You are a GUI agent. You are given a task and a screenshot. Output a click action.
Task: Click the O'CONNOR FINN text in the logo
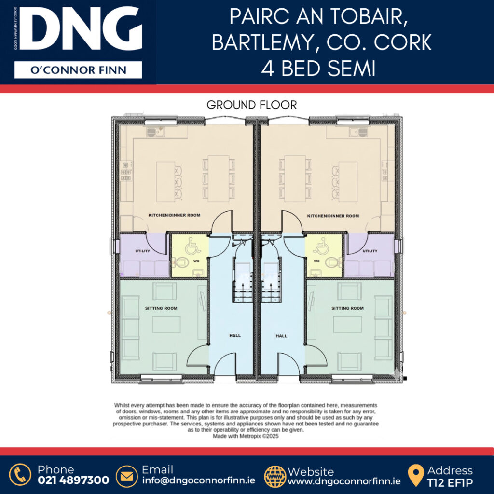pyautogui.click(x=78, y=70)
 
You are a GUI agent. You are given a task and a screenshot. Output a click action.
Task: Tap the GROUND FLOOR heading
pyautogui.click(x=252, y=105)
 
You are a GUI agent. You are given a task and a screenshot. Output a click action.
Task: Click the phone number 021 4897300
pyautogui.click(x=73, y=480)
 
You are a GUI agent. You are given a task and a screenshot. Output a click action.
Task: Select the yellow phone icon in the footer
pyautogui.click(x=20, y=475)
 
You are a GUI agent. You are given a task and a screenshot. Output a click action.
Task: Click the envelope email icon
pyautogui.click(x=127, y=476)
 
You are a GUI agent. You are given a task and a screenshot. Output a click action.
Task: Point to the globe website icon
pyautogui.click(x=275, y=476)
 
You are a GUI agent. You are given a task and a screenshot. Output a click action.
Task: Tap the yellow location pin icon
pyautogui.click(x=416, y=475)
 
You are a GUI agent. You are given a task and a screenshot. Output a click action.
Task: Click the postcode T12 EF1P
pyautogui.click(x=450, y=482)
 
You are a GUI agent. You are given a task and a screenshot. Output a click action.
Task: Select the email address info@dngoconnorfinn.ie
pyautogui.click(x=198, y=481)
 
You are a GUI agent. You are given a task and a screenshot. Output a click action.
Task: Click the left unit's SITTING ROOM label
pyautogui.click(x=161, y=308)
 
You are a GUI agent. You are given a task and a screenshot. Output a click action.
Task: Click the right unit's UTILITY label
pyautogui.click(x=370, y=251)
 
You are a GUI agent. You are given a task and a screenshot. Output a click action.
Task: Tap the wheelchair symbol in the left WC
pyautogui.click(x=193, y=246)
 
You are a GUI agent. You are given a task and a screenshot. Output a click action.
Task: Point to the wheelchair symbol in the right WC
pyautogui.click(x=321, y=246)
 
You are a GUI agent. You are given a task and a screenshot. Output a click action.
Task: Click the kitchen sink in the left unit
pyautogui.click(x=156, y=131)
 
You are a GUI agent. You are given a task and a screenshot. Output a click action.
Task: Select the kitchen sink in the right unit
pyautogui.click(x=358, y=131)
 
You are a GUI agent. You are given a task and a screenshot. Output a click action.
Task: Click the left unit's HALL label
pyautogui.click(x=235, y=336)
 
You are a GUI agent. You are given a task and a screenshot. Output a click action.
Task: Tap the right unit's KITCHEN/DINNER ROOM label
pyautogui.click(x=333, y=216)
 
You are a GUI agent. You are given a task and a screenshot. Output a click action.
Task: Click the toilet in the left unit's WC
pyautogui.click(x=181, y=262)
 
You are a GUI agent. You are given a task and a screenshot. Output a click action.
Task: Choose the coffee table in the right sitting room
pyautogui.click(x=347, y=325)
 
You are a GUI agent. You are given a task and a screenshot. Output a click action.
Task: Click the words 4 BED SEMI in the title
pyautogui.click(x=318, y=69)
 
